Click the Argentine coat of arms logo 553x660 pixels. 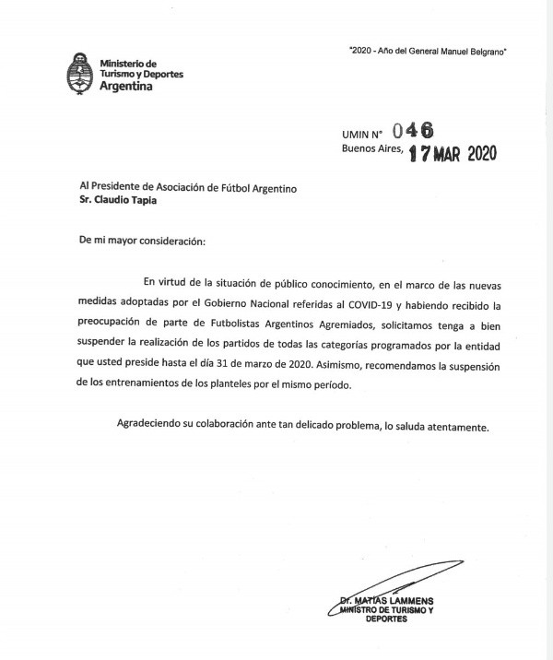pos(80,73)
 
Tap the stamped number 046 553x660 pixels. pos(412,132)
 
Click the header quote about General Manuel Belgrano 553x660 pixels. pos(429,52)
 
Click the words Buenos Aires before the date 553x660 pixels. pos(372,149)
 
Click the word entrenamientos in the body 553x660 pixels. pos(121,385)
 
